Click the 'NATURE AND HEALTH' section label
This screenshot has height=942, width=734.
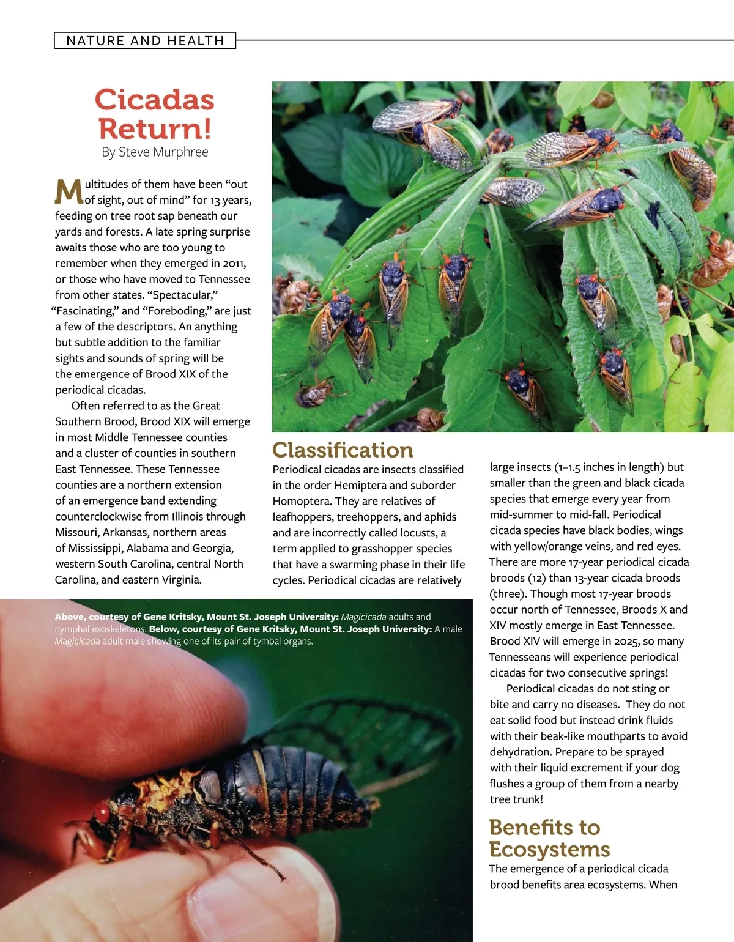point(145,41)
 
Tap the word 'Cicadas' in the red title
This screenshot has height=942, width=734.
point(155,100)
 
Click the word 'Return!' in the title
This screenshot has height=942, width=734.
point(155,129)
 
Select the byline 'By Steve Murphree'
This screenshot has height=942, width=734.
point(155,152)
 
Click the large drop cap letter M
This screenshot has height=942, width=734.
point(69,191)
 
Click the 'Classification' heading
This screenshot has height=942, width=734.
point(343,450)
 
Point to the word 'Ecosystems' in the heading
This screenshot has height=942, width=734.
point(549,850)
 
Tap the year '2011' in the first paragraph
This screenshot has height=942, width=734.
point(234,264)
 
